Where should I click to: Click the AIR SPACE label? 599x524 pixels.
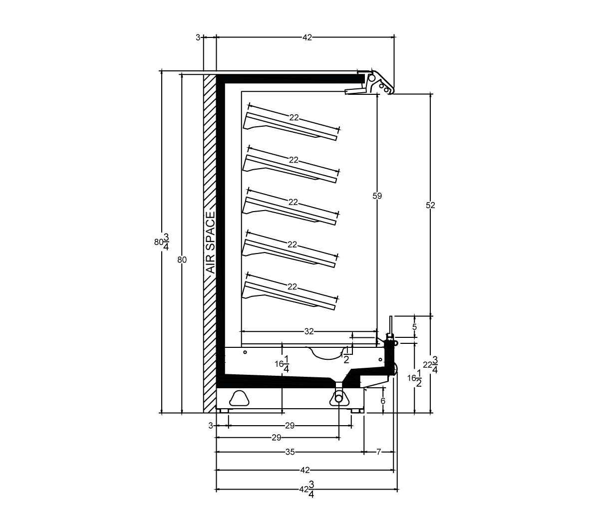click(211, 243)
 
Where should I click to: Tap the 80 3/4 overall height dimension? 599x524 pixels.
click(162, 242)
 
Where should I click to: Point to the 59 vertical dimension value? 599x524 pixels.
click(377, 196)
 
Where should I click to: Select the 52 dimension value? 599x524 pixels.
click(430, 206)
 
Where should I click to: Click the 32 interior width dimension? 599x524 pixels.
click(309, 331)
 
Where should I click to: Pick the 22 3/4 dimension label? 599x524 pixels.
click(431, 364)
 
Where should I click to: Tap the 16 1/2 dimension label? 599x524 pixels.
click(414, 378)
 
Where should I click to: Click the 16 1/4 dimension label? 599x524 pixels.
click(282, 364)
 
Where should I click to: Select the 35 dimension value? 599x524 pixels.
click(290, 452)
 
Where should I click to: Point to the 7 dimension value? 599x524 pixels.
click(378, 452)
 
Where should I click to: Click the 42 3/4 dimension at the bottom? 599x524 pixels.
click(307, 489)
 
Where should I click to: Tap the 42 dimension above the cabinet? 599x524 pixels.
click(307, 37)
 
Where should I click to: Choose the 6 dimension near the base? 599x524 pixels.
click(383, 401)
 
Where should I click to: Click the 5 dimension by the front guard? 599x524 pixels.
click(414, 327)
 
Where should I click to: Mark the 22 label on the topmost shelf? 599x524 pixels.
click(294, 117)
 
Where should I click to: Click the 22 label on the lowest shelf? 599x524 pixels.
click(292, 286)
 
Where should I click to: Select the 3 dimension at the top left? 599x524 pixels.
click(198, 37)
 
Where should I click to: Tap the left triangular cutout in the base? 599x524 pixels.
click(239, 398)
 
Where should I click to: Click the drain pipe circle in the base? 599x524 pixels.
click(339, 398)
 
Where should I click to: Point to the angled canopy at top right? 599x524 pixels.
click(379, 82)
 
